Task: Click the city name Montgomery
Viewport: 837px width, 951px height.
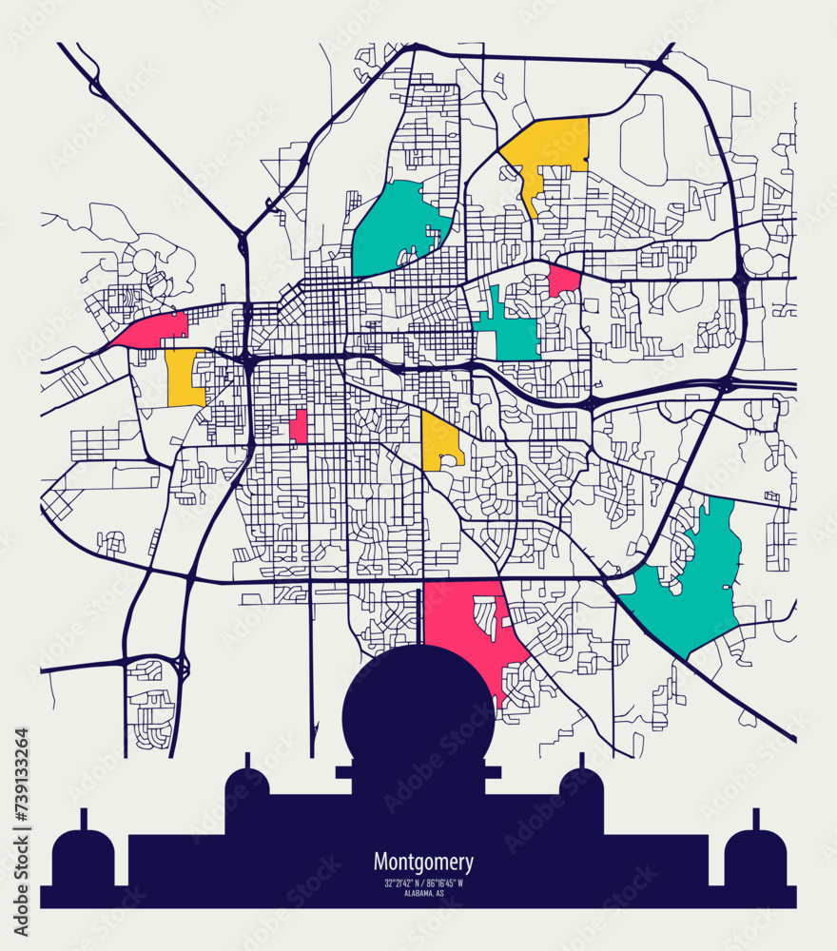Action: tap(422, 863)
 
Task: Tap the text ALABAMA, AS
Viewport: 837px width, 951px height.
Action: tap(422, 893)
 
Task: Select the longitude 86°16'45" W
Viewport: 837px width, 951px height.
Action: tap(445, 883)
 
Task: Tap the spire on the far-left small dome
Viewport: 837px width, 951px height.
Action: tap(83, 819)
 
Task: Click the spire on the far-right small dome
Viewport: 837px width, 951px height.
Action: tap(756, 819)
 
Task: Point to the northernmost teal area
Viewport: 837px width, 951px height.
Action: tap(395, 228)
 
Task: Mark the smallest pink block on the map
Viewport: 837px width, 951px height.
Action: tap(299, 427)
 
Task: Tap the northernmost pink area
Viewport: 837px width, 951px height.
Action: tap(563, 281)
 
